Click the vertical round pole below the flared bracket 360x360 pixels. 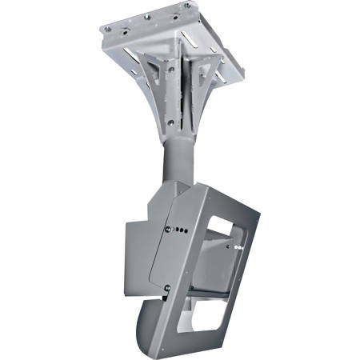(181, 160)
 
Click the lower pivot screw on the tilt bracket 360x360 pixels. (166, 286)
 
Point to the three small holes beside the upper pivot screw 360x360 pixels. (182, 230)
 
